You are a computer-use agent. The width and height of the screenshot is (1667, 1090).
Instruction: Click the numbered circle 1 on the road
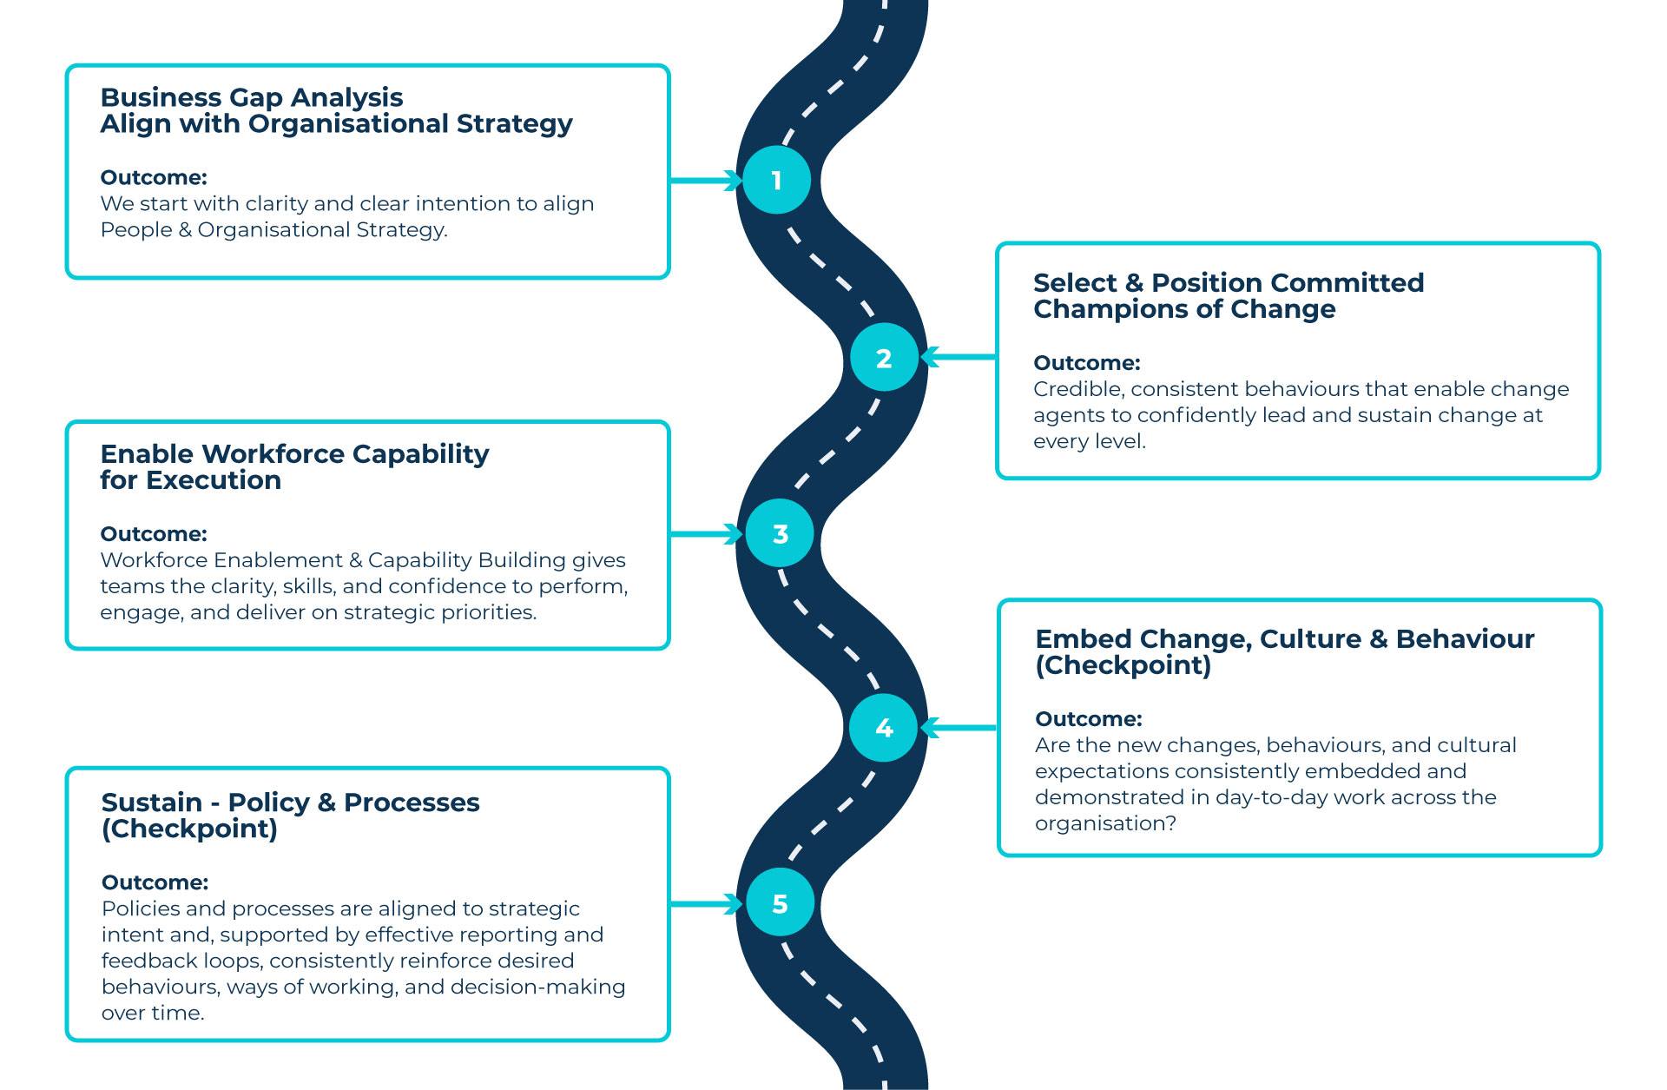point(777,180)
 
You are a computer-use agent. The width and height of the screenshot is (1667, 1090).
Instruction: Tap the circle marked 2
point(884,357)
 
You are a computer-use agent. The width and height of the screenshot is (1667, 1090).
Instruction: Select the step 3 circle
point(780,533)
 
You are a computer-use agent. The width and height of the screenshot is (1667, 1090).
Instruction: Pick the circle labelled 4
point(884,728)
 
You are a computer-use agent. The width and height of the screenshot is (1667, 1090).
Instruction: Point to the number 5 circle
point(780,903)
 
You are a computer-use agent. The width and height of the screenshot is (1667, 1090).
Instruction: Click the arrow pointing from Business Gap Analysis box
point(705,180)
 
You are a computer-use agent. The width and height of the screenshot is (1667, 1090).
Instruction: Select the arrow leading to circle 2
point(958,357)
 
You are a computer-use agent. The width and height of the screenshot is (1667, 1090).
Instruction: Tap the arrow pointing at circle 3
point(705,533)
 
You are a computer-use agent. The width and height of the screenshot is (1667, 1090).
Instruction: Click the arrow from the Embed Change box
point(958,728)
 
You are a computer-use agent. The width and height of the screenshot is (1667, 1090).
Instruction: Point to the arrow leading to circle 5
point(705,904)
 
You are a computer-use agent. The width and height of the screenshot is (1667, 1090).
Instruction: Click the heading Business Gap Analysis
point(252,97)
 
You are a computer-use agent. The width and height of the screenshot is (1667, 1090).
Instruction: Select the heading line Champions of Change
point(1184,309)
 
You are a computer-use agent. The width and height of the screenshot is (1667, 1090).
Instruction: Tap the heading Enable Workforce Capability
point(294,453)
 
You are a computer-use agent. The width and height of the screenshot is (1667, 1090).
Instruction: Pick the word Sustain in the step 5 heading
point(152,803)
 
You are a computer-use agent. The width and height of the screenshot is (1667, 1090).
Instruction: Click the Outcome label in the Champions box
point(1086,363)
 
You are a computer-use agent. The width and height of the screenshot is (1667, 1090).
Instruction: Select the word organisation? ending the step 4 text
point(1105,823)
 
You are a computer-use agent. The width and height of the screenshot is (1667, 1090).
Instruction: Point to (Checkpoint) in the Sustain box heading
point(189,829)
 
